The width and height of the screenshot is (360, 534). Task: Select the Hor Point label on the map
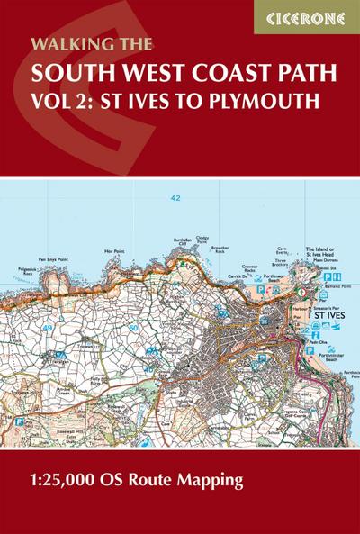tap(113, 250)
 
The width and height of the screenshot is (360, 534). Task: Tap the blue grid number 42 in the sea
tap(175, 196)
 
